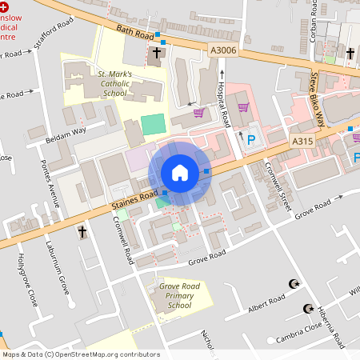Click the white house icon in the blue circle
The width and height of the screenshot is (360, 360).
coord(180,173)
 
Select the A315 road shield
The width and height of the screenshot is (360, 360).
coord(302,141)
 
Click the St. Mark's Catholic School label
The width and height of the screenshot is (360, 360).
coord(114,84)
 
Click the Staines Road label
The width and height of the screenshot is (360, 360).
coord(138,198)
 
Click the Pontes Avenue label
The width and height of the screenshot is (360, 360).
coord(50,185)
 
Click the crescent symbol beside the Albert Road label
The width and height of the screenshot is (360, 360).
coord(294,284)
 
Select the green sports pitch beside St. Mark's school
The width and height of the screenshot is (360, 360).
coord(152,124)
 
